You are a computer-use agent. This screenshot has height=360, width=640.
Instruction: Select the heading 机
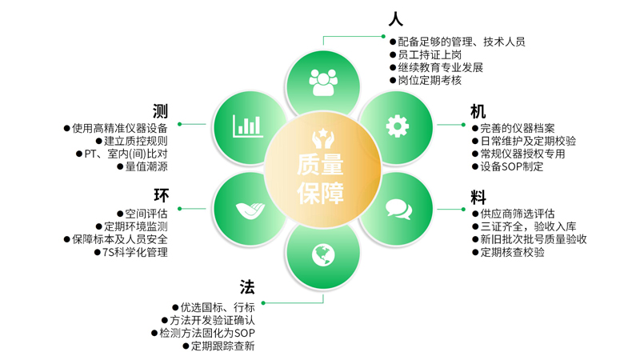pyautogui.click(x=478, y=111)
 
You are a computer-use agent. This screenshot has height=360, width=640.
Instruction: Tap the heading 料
pyautogui.click(x=478, y=196)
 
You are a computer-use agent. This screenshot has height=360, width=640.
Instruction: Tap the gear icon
pyautogui.click(x=396, y=126)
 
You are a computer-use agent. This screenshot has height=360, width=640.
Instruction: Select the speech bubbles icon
pyautogui.click(x=398, y=209)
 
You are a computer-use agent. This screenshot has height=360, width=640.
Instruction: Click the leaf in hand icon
pyautogui.click(x=247, y=209)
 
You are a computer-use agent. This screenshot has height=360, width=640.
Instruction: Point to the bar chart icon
pyautogui.click(x=247, y=126)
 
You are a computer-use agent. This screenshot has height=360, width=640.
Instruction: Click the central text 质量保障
pyautogui.click(x=321, y=180)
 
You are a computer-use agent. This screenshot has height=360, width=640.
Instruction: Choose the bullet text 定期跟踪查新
pyautogui.click(x=222, y=346)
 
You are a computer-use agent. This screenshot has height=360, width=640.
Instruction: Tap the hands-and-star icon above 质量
pyautogui.click(x=321, y=135)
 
